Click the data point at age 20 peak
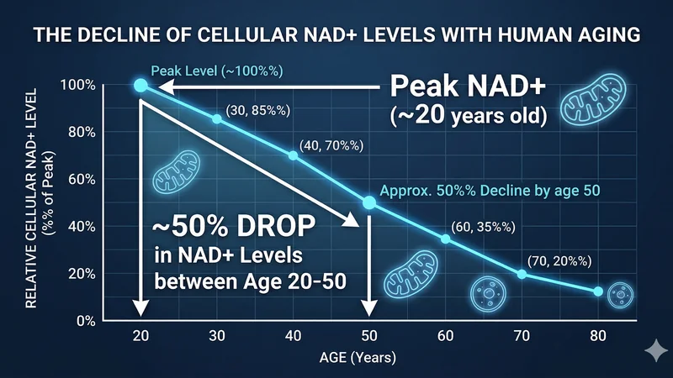click(x=140, y=85)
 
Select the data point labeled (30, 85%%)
click(x=217, y=118)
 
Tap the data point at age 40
click(x=293, y=155)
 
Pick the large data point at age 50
click(x=368, y=202)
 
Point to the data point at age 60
click(x=445, y=239)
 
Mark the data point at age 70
click(x=522, y=275)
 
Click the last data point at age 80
click(x=598, y=291)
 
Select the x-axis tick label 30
click(x=217, y=335)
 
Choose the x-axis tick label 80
click(x=598, y=335)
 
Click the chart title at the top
click(x=336, y=38)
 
